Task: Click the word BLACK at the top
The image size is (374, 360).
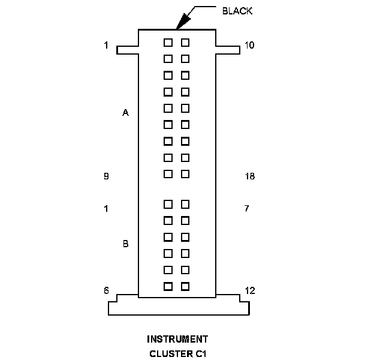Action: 238,11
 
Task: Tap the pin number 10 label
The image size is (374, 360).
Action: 250,45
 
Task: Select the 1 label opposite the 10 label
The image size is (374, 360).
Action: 106,45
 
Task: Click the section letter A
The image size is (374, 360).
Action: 125,112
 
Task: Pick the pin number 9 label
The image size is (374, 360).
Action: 106,176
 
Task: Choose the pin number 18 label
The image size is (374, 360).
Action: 250,176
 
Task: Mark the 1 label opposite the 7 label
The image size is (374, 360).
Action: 106,209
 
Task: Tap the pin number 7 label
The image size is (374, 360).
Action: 247,209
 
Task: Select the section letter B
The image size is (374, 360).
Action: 125,244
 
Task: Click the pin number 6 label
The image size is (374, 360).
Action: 106,290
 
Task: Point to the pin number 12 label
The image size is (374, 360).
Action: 250,290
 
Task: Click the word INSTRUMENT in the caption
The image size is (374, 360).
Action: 177,339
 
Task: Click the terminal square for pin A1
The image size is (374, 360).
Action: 168,43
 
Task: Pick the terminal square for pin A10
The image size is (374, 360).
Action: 185,43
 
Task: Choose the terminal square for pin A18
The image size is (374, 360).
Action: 185,174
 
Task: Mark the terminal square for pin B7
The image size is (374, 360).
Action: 185,204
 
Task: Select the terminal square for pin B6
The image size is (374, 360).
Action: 168,286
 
